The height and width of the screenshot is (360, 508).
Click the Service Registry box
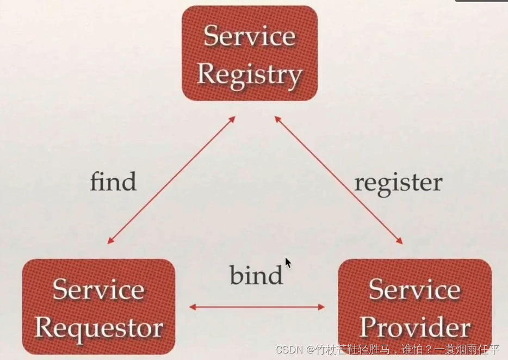(249, 54)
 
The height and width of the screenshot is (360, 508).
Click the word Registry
(249, 73)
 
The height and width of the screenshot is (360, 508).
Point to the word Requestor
(98, 327)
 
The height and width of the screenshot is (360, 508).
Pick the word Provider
(414, 327)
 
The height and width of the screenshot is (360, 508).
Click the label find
(113, 182)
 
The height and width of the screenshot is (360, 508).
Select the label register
(398, 183)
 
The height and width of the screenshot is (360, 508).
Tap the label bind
(256, 275)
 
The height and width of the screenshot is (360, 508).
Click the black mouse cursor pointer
(288, 263)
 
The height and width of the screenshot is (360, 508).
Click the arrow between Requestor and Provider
(257, 307)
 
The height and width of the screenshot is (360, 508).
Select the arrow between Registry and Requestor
(171, 180)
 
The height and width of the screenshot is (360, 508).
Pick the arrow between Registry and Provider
(338, 180)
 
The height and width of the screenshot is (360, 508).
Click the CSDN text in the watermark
(287, 349)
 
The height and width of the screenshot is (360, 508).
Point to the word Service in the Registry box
(249, 36)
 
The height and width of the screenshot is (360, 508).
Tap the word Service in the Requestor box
(98, 289)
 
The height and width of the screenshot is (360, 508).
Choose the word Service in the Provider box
(414, 289)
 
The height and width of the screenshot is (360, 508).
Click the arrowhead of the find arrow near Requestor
(110, 240)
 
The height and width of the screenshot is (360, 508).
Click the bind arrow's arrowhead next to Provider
(321, 307)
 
